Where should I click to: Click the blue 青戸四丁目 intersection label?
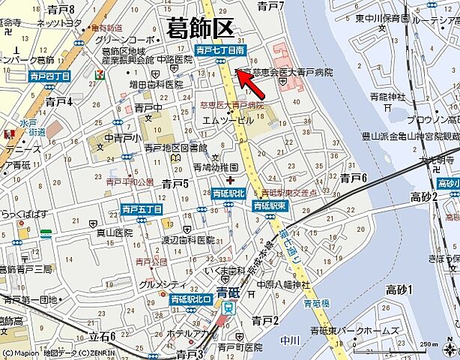49,76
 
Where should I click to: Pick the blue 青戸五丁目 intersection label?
142,209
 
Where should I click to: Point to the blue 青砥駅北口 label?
193,299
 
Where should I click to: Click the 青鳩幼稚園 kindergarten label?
215,167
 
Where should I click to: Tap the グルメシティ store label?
163,284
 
